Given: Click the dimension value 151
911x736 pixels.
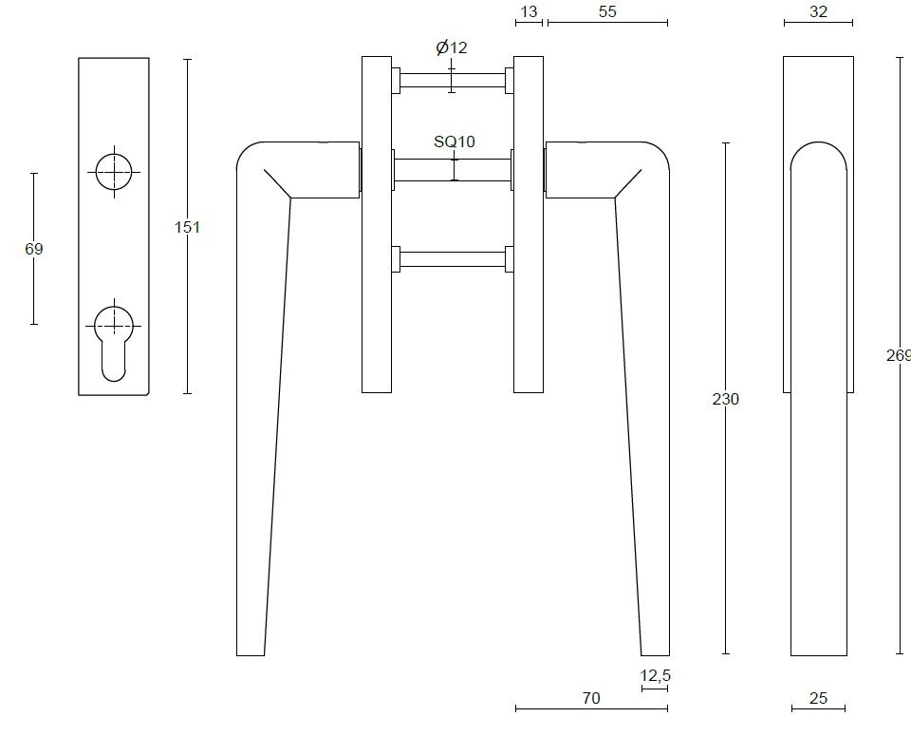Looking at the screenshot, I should pos(188,228).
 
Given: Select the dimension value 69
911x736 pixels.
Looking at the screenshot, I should pos(34,249).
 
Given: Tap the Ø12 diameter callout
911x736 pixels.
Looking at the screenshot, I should pos(451,48).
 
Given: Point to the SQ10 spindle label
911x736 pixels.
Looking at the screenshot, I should pos(454,142).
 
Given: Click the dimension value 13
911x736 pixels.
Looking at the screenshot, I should pos(529,11).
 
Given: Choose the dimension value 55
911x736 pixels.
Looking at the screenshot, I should pos(607,11).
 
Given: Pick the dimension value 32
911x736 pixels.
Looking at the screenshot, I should pos(818,11).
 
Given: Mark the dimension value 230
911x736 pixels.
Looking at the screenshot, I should pos(725,399).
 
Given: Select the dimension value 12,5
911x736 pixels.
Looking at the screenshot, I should pos(655,675).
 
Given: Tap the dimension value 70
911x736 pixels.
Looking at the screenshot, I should pos(590,698).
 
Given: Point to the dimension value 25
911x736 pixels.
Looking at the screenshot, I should pos(818,698).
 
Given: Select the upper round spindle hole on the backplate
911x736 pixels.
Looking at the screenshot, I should pos(114,173).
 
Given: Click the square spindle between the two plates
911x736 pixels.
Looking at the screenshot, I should pos(452,170).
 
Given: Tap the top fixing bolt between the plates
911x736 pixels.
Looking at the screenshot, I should pos(452,80).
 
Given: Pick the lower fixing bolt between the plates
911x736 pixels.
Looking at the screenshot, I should pos(452,258).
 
